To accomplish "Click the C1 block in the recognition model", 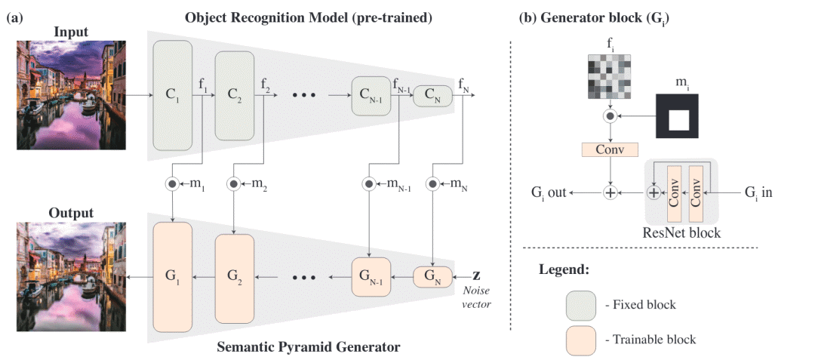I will (174, 96).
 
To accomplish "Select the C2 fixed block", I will (235, 96).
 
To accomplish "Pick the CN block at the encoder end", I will (432, 96).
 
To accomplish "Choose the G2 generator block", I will (235, 277).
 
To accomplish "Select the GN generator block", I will (432, 277).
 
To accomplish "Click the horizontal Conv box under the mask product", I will (610, 149).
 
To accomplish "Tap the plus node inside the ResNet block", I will (654, 193).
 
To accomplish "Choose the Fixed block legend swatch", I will (581, 305).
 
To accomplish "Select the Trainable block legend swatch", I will (581, 339).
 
